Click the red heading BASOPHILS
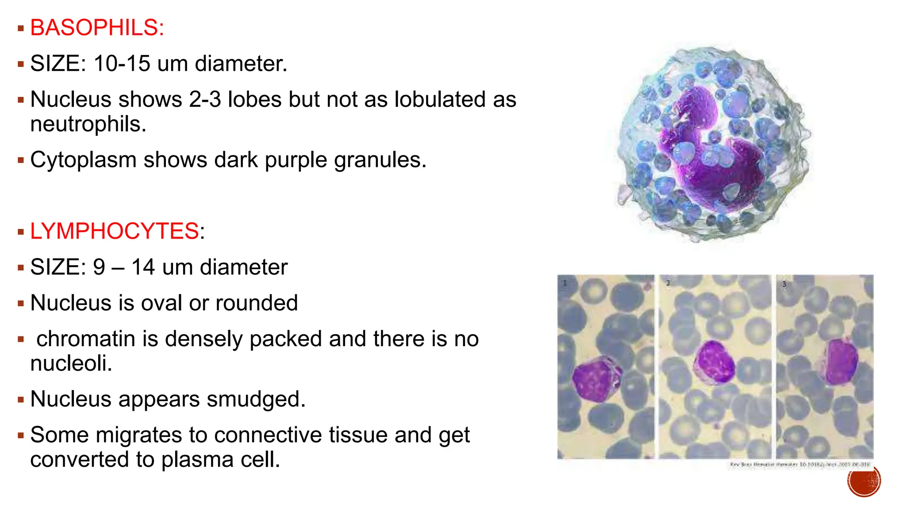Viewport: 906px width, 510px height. pos(97,28)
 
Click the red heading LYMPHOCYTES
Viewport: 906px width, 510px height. pos(114,231)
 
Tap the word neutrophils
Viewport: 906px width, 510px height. pos(87,124)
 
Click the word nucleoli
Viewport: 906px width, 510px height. pos(71,363)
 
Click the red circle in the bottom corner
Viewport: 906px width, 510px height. pos(864,480)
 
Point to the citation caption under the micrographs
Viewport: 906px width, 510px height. pos(800,464)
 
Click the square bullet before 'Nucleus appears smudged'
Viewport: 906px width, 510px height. pos(20,400)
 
